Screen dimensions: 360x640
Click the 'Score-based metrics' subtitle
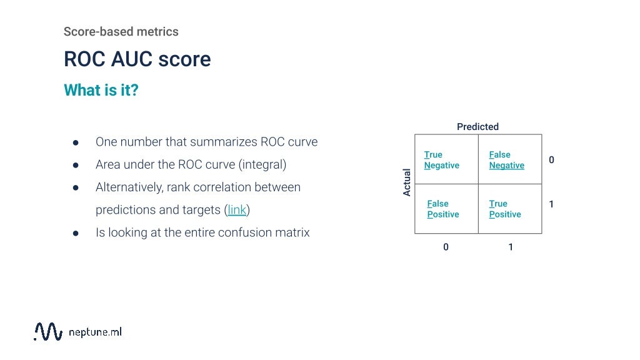click(121, 31)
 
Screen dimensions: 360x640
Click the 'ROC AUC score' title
click(137, 59)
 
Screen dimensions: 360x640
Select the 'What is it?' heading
click(101, 90)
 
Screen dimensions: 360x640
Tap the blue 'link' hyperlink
click(237, 210)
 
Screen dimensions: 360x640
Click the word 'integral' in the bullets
click(262, 165)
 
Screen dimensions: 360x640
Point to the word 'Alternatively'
click(129, 187)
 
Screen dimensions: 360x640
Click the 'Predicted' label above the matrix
click(477, 127)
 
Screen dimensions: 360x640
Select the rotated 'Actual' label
click(407, 182)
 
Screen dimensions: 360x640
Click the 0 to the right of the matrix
click(551, 160)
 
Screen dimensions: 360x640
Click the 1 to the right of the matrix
click(551, 204)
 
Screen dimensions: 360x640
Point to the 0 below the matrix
click(446, 247)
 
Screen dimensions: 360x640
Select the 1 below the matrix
click(511, 247)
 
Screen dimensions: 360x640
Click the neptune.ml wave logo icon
click(48, 331)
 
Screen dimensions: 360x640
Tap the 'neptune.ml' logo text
click(94, 332)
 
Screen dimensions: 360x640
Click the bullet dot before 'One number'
click(76, 142)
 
